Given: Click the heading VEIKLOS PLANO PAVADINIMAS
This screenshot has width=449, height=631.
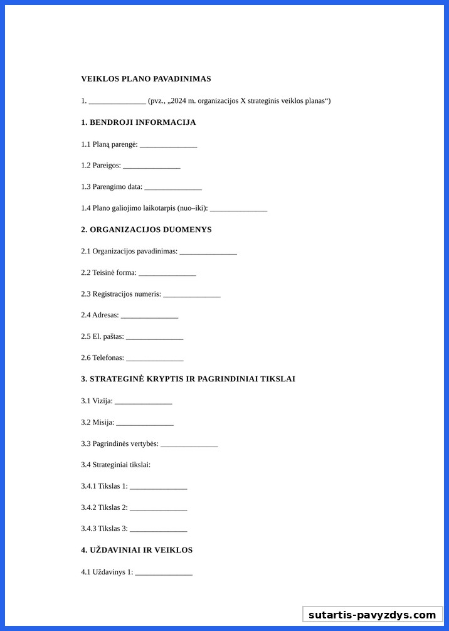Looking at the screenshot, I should click(145, 79).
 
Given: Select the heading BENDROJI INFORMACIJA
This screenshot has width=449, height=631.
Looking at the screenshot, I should click(142, 122).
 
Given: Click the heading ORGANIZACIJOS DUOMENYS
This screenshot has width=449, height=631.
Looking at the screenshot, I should click(151, 230).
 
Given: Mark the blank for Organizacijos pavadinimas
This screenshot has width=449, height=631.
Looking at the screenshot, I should click(208, 252).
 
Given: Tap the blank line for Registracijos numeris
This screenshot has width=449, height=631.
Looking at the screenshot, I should click(191, 295).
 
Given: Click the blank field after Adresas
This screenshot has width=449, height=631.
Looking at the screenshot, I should click(149, 316).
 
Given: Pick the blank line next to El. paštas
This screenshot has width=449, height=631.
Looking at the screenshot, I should click(154, 337).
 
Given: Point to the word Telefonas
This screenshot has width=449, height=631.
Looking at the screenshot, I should click(108, 358).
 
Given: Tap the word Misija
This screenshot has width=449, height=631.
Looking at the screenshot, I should click(103, 423).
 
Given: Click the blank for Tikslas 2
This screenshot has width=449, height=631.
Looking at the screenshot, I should click(158, 508).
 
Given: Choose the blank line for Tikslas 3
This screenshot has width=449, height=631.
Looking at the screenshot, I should click(158, 529).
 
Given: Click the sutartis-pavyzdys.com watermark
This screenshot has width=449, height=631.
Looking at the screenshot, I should click(372, 615).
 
